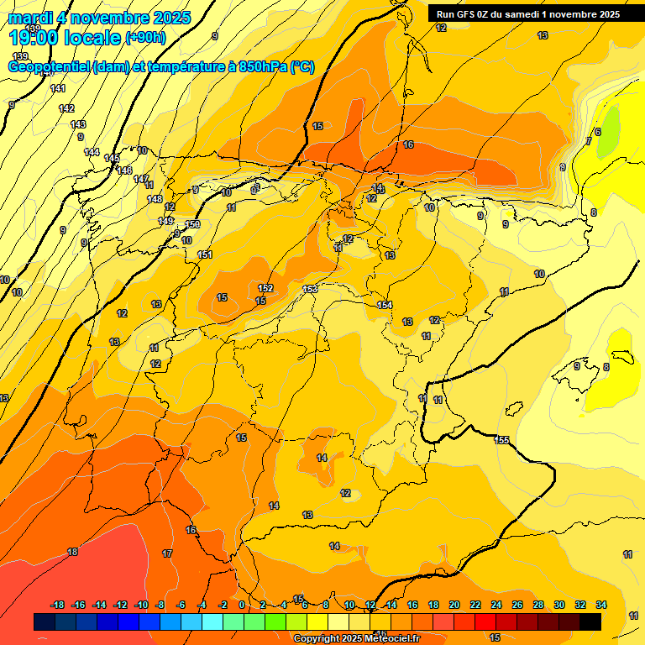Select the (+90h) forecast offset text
point(145,38)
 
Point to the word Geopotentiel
point(50,67)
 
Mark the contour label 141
point(58,88)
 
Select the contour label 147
point(141,179)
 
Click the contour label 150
point(192,224)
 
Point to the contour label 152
point(266,288)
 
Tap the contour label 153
point(310,289)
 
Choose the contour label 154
point(385,305)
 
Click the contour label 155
point(502,440)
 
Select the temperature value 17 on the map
point(167,553)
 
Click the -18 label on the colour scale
point(58,605)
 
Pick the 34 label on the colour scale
point(600,605)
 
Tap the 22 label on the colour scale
point(475,605)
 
